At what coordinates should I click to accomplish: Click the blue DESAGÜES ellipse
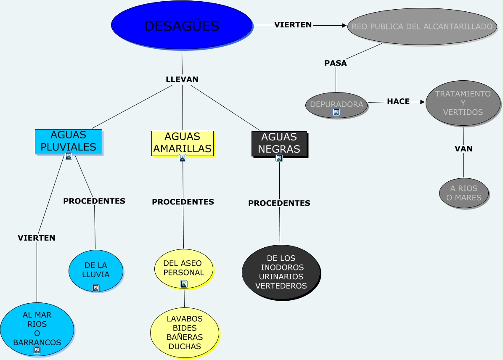pos(182,26)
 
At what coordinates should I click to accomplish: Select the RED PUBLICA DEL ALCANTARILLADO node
pos(422,26)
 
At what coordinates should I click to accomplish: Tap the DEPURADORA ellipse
pos(336,106)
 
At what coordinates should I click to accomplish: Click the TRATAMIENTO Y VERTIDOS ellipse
pos(463,103)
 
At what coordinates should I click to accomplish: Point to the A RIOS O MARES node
pos(464,193)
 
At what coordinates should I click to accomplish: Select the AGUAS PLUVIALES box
pos(69,141)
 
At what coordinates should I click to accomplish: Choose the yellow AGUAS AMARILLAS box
pos(183,143)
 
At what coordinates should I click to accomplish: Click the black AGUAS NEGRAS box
pos(279,144)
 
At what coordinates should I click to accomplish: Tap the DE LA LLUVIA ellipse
pos(96,270)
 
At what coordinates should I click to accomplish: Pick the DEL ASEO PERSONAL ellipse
pos(184,269)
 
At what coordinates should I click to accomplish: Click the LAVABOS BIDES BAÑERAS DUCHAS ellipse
pos(185,333)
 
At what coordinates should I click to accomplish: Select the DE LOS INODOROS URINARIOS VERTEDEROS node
pos(281,273)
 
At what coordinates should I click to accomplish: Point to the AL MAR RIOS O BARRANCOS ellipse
pos(37,329)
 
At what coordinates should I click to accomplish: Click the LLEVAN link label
pos(182,79)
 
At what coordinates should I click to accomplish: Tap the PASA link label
pos(336,63)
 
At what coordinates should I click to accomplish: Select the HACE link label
pos(398,101)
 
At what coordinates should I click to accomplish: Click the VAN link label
pos(463,148)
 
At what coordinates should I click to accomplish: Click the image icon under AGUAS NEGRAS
pos(279,158)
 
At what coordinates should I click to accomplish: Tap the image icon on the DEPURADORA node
pos(336,112)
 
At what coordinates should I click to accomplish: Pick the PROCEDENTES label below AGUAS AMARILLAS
pos(183,202)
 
